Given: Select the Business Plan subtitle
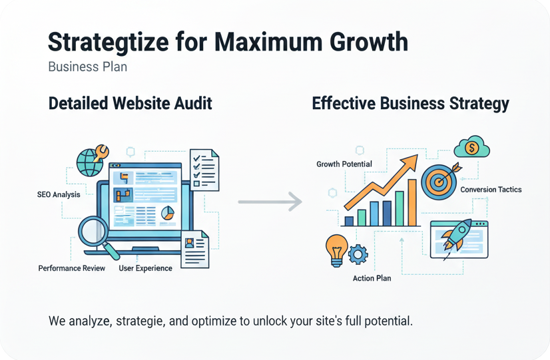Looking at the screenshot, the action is pos(88,67).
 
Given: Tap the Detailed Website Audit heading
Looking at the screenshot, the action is pos(131,103).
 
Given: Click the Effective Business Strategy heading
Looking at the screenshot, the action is pos(411,103).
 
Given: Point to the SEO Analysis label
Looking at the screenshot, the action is pos(59,195).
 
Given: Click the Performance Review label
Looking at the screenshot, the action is pos(72,268).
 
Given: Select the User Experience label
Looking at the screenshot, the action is pos(145,268).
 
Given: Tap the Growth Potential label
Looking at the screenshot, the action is pos(344,164).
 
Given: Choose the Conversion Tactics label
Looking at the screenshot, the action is pos(491,190).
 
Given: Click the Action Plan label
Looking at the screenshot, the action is pos(372,278).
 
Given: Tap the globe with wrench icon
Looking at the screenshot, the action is pos(92,160).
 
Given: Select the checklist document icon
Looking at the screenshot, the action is pos(204,170).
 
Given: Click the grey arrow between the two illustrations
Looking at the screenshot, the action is pos(270,202).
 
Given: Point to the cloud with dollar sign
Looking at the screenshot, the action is pos(471,148).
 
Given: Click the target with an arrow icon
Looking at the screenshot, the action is pos(439,180).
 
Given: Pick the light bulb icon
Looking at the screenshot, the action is pos(336,249).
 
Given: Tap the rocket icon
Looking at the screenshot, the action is pos(456,234).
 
